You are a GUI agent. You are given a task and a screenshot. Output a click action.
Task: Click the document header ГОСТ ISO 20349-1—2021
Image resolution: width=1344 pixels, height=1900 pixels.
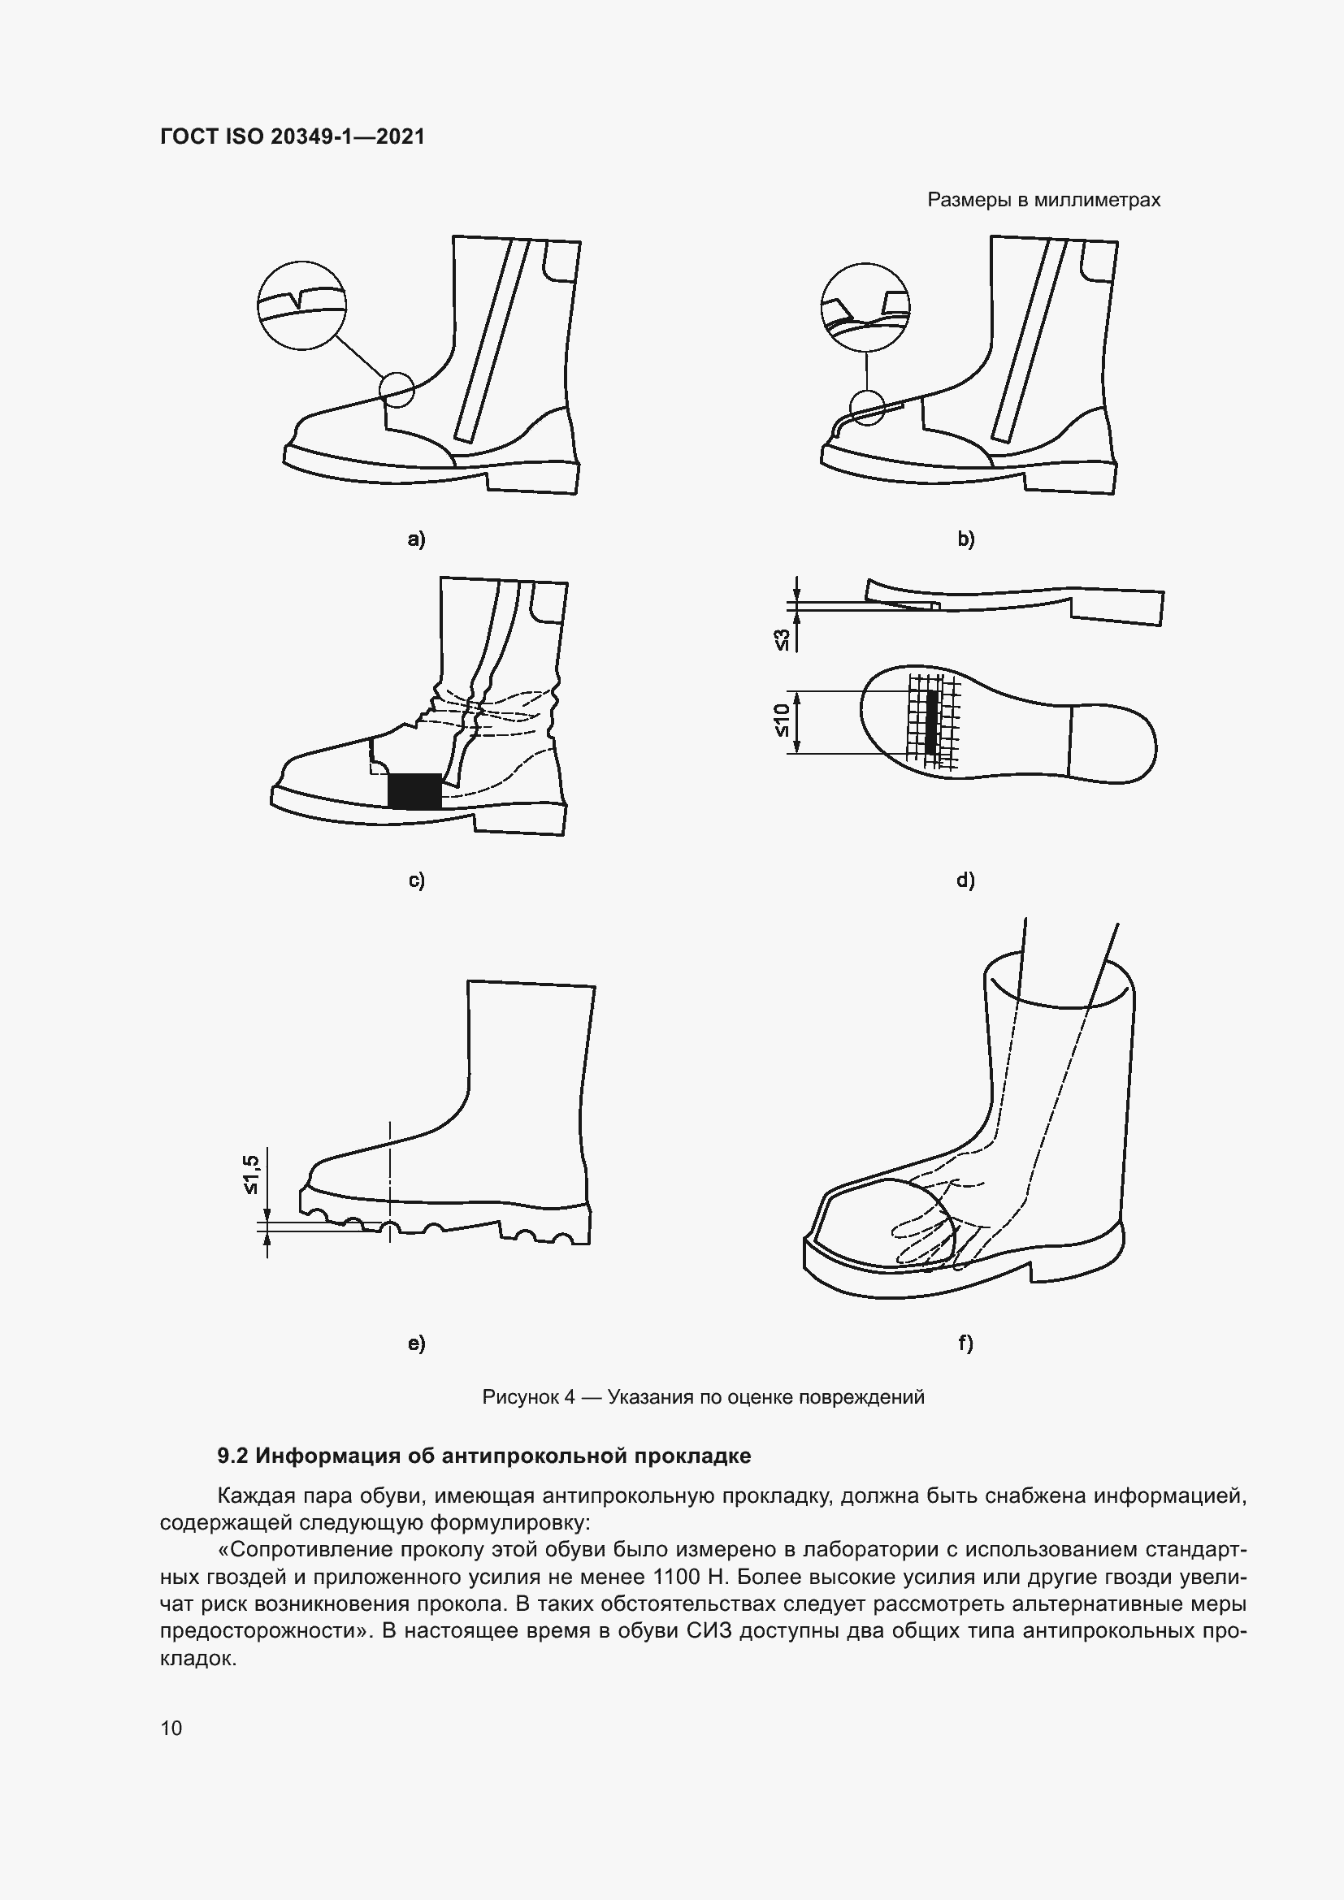click(x=293, y=136)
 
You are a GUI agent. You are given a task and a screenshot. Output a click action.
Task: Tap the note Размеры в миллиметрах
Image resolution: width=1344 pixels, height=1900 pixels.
click(x=1043, y=201)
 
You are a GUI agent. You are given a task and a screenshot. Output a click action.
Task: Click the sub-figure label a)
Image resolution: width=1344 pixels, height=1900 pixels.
click(x=416, y=539)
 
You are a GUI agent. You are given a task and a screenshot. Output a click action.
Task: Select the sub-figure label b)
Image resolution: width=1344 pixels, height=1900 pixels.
click(x=966, y=539)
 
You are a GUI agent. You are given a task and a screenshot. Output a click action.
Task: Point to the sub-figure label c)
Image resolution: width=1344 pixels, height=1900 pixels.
click(x=416, y=880)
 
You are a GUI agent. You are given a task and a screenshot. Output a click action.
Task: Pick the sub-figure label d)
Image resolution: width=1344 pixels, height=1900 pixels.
click(x=966, y=880)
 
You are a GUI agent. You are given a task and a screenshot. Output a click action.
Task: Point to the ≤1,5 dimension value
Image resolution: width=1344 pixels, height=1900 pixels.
click(x=252, y=1175)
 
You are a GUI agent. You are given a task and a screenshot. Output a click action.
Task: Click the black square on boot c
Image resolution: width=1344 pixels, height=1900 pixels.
click(x=414, y=791)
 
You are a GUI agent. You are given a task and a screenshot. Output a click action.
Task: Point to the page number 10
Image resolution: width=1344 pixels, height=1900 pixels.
click(x=171, y=1728)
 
